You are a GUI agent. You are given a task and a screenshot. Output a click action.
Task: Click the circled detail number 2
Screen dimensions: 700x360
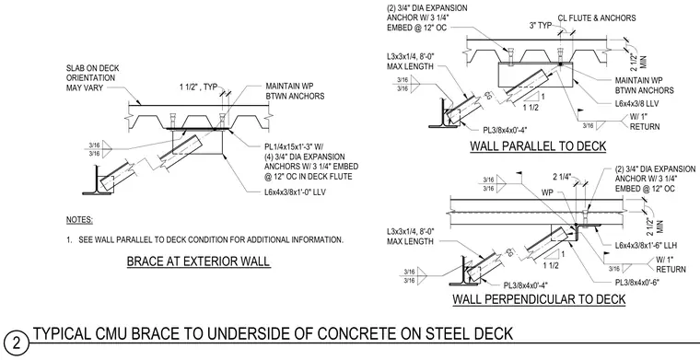pos(16,343)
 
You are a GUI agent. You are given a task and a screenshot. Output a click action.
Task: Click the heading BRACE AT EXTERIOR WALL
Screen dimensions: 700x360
pos(198,261)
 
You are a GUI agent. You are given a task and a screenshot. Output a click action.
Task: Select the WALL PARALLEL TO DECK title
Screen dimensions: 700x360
pos(538,145)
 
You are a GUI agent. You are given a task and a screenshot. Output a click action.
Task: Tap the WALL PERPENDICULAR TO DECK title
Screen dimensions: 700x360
pos(539,298)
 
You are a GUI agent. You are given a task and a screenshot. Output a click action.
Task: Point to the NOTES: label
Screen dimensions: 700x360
pos(79,220)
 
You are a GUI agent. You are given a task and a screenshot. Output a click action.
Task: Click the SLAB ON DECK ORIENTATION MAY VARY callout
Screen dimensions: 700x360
pos(93,78)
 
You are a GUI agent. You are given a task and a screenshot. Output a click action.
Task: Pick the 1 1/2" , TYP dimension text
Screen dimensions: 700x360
pos(198,87)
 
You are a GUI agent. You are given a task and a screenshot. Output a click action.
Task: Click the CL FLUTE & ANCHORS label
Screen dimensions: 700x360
pos(597,18)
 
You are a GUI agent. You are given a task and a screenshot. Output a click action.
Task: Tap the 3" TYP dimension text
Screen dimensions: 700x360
pos(541,26)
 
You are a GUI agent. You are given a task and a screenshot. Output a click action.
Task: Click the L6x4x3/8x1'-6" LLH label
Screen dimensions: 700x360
pos(647,245)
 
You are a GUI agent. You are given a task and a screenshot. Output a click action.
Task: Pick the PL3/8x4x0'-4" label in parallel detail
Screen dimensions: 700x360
pos(506,130)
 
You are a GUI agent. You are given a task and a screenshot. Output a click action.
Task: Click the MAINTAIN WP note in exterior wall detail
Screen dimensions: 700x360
pos(295,91)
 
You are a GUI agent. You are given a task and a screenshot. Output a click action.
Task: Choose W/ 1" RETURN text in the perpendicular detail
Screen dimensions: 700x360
pos(671,264)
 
